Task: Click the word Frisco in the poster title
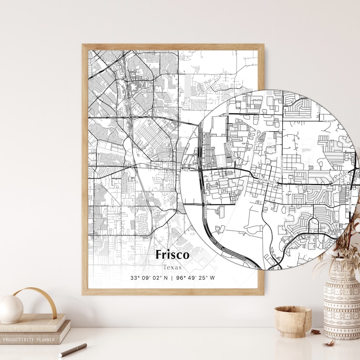point(172,255)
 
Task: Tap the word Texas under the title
point(172,267)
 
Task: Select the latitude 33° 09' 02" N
point(149,278)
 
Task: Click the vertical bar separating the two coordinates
point(172,278)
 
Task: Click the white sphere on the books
point(11,309)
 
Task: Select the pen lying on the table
point(72,350)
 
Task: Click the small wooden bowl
point(292,321)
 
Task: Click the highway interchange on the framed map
point(131,117)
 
